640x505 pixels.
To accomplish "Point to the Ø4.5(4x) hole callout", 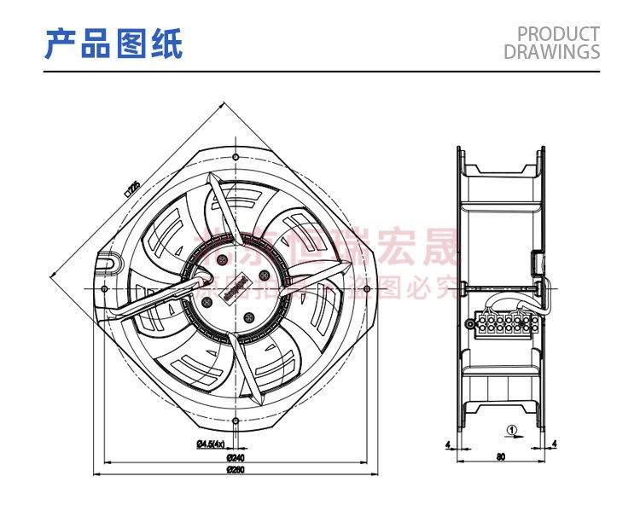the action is pyautogui.click(x=210, y=444).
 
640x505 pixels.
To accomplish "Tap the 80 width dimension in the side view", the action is pyautogui.click(x=500, y=456).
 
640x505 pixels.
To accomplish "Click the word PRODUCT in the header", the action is pyautogui.click(x=558, y=34).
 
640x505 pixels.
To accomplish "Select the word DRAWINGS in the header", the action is pyautogui.click(x=552, y=52).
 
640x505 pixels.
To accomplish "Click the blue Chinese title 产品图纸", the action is pyautogui.click(x=113, y=43).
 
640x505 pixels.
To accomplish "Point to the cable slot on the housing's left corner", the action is pyautogui.click(x=112, y=265).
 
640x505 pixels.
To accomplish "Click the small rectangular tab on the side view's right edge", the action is pyautogui.click(x=539, y=260).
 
